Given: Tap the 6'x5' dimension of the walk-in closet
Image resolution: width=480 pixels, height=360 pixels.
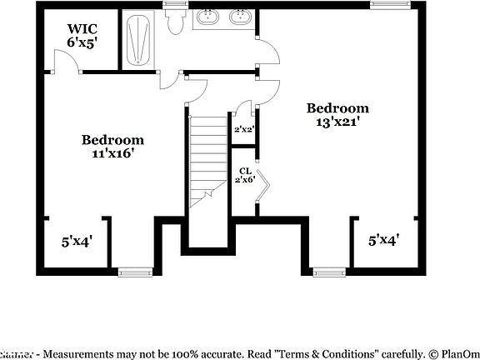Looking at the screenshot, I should pyautogui.click(x=83, y=43).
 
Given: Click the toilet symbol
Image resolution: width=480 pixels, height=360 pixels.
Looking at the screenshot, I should pyautogui.click(x=175, y=23).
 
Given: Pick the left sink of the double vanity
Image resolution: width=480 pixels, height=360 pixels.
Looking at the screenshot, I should pyautogui.click(x=208, y=17).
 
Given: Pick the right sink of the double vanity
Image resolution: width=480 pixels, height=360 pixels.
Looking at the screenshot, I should pyautogui.click(x=242, y=17).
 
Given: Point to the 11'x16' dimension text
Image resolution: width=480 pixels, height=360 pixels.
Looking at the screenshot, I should pyautogui.click(x=112, y=153).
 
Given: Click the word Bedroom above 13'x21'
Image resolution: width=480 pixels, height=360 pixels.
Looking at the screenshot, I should pyautogui.click(x=337, y=107).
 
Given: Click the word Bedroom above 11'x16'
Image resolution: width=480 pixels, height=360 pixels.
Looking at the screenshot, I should pyautogui.click(x=112, y=139).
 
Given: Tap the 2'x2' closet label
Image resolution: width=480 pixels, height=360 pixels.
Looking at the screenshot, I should pyautogui.click(x=243, y=129).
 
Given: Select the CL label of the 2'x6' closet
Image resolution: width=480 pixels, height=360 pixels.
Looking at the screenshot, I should pyautogui.click(x=245, y=170).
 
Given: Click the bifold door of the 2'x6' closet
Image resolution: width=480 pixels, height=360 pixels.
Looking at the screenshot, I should pyautogui.click(x=262, y=187).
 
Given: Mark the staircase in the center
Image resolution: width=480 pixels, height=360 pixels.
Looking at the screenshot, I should pyautogui.click(x=206, y=158).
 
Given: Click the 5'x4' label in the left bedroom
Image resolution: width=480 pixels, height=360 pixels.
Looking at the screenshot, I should pyautogui.click(x=77, y=242).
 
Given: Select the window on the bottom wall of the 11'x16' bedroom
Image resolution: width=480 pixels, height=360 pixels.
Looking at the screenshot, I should pyautogui.click(x=135, y=272).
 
